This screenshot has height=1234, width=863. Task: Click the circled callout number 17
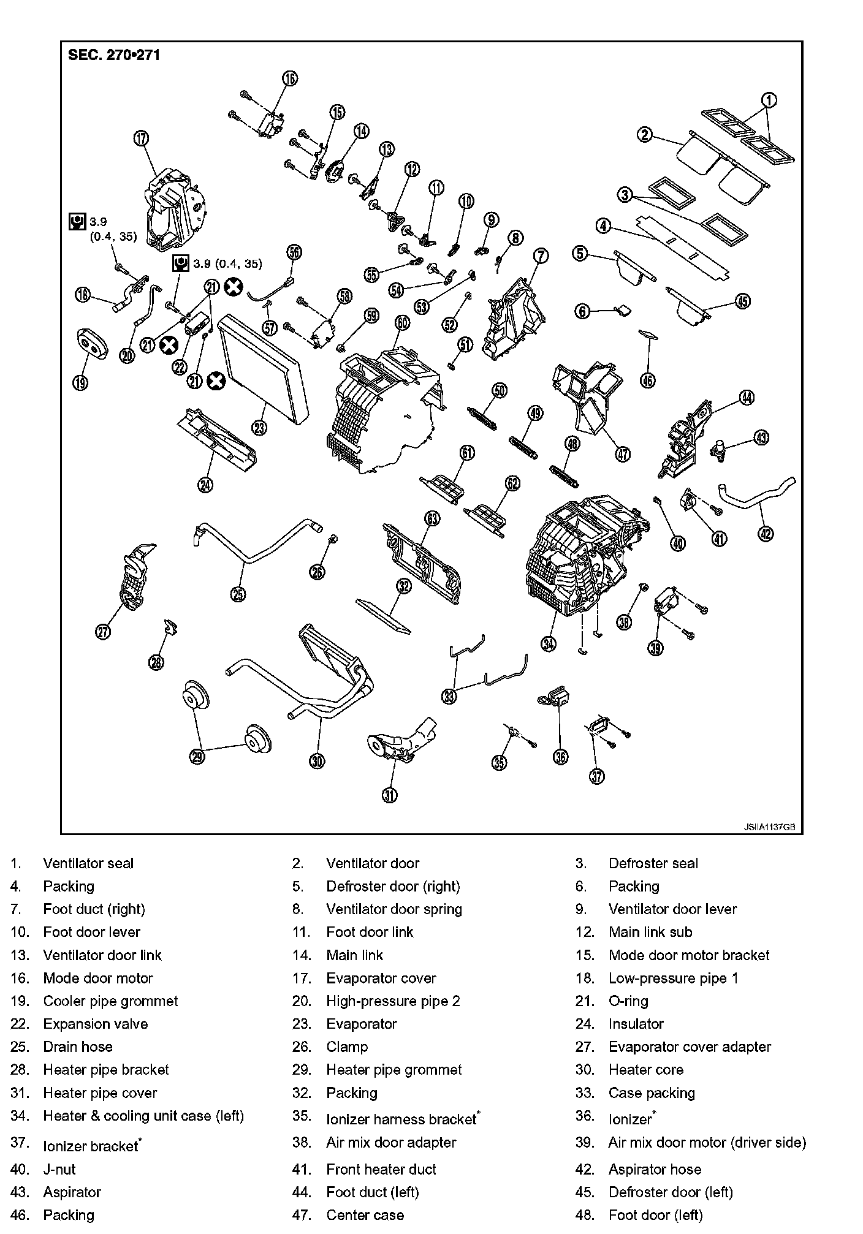coord(141,138)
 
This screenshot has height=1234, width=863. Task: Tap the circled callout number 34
coord(549,643)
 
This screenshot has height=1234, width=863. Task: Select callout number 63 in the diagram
coord(432,519)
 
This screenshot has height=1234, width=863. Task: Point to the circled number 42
coord(766,534)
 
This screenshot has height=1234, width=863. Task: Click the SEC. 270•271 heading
coord(114,55)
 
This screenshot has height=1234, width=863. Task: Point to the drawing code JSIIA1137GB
coord(769,827)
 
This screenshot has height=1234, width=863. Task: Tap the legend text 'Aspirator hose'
coord(654,1169)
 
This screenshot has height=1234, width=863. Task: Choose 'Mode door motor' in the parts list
coord(97,978)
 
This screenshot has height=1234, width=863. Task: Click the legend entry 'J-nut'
coord(59,1169)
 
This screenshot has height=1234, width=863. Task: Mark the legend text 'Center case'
coord(365,1215)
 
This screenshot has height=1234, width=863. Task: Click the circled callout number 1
coord(769,100)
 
